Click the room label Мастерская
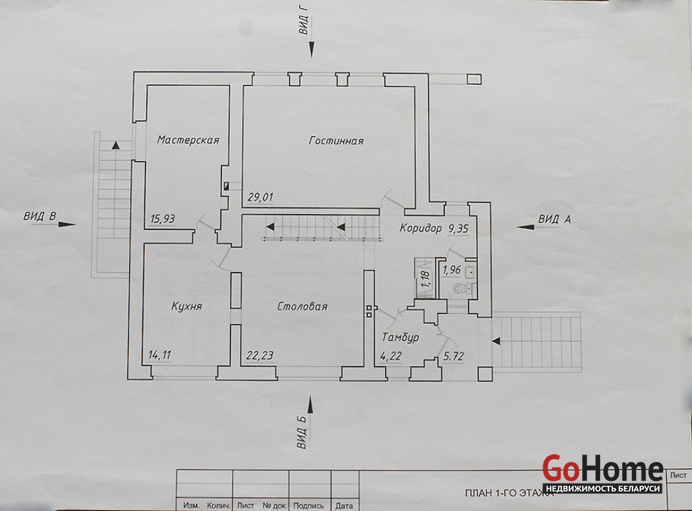(x=188, y=140)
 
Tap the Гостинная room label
(x=336, y=141)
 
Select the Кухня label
(x=186, y=306)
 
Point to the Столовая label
(x=303, y=306)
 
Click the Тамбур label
(x=400, y=337)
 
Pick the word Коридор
(x=421, y=228)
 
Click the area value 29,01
(x=260, y=197)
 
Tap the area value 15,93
(x=162, y=218)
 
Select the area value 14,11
(x=160, y=355)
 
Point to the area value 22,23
(x=260, y=355)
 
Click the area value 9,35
(x=458, y=229)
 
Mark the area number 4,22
(x=391, y=356)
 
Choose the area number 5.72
(x=454, y=356)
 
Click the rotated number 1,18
(x=425, y=279)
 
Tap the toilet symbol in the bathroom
(x=460, y=289)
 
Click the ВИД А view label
(x=554, y=219)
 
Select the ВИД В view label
(x=40, y=216)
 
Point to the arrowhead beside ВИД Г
(x=312, y=49)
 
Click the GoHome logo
(x=603, y=473)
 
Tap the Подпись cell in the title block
(x=308, y=506)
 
